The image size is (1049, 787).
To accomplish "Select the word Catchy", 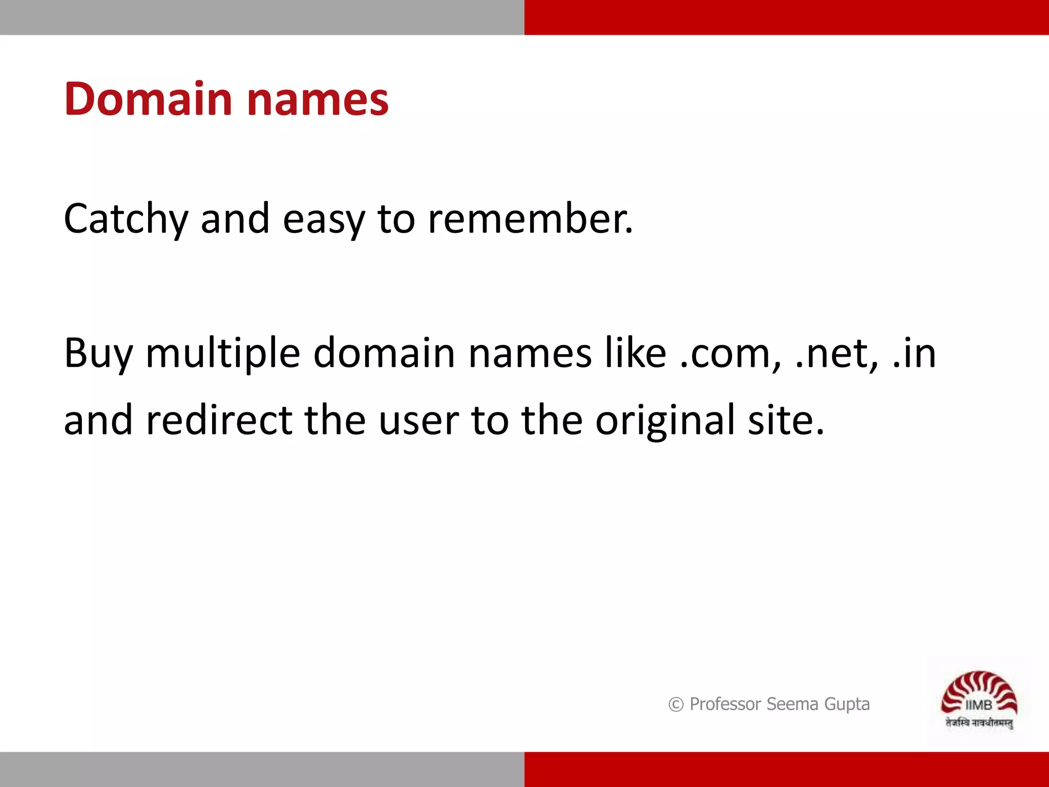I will point(126,219).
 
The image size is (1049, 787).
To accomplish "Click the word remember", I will point(530,219).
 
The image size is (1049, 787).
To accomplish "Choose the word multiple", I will point(223,354).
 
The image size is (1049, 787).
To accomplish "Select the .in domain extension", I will point(915,354).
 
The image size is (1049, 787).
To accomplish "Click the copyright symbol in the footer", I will point(676,705).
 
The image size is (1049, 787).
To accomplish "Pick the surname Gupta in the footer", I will point(847,705).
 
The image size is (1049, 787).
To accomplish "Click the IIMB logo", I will point(979,700).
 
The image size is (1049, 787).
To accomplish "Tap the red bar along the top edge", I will point(786,17).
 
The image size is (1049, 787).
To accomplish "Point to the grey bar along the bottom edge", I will point(262,769).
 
